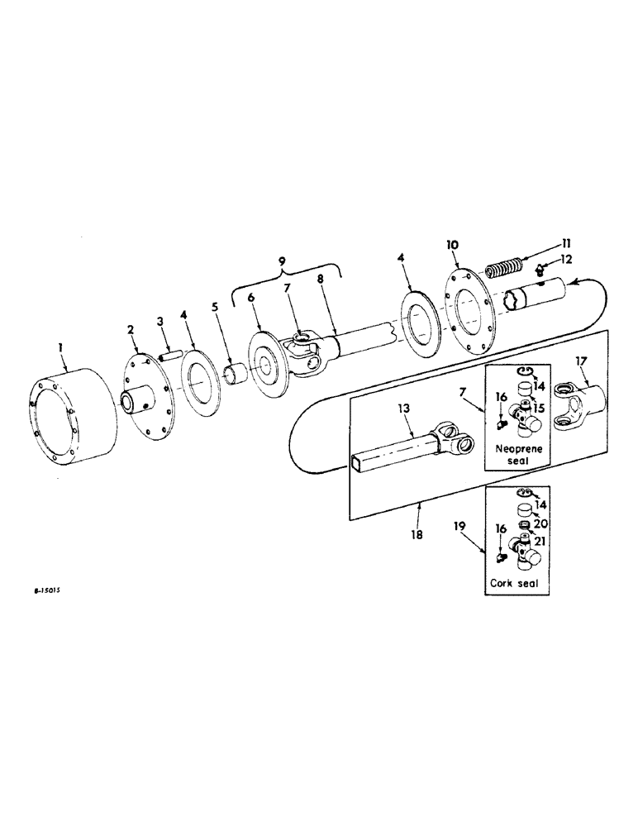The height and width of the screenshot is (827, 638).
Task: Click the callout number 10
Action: (x=452, y=247)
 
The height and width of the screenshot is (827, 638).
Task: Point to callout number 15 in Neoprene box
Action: (x=538, y=409)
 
